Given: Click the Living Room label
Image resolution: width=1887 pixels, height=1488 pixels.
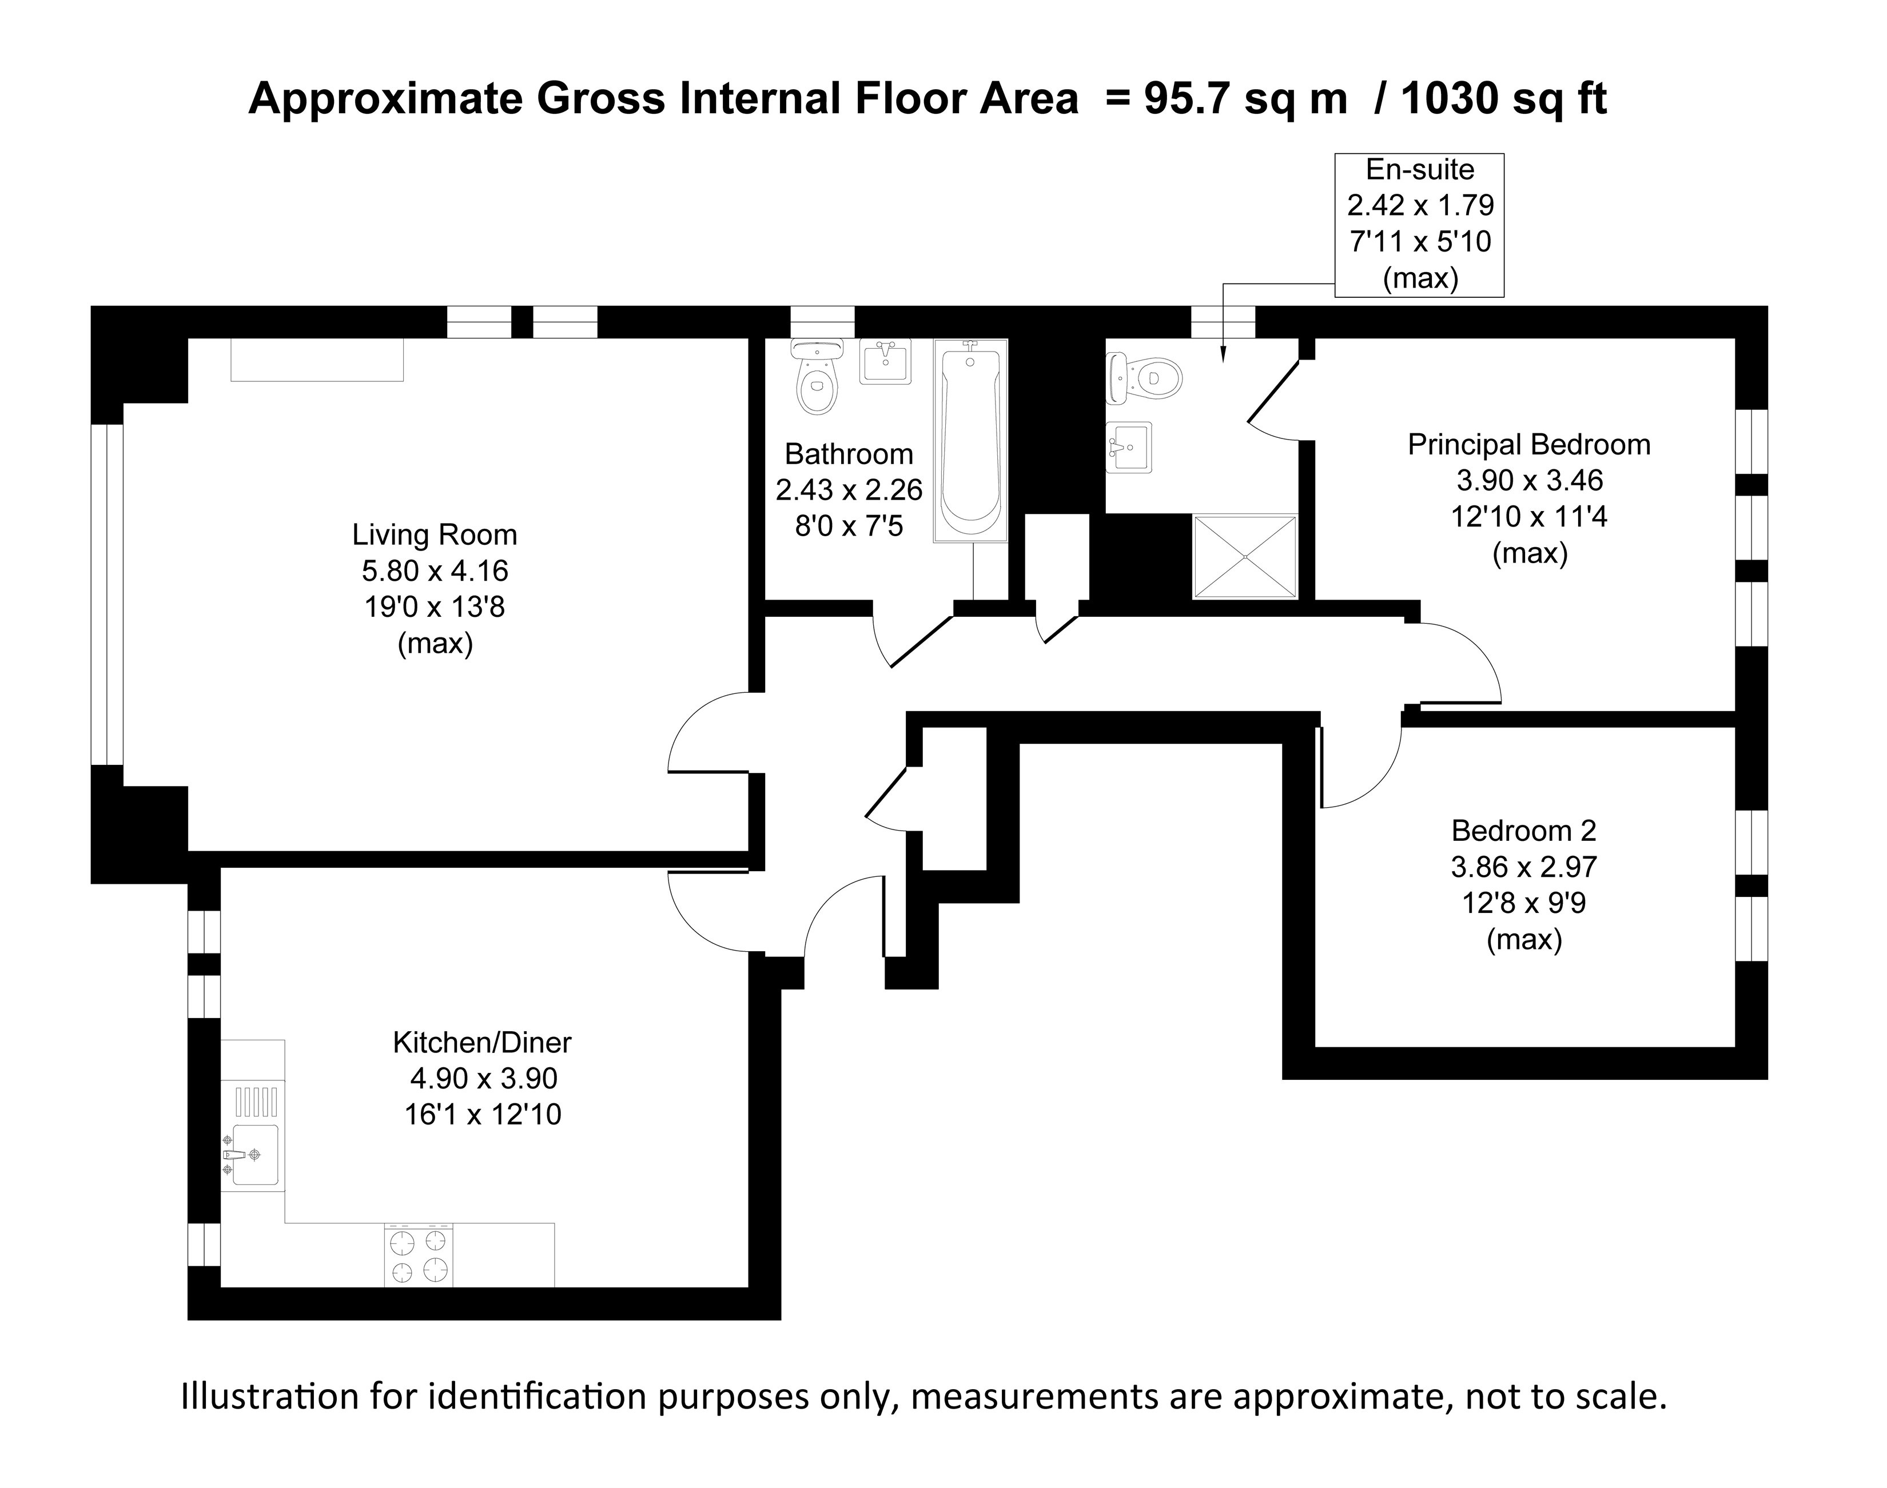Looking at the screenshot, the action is pos(434,534).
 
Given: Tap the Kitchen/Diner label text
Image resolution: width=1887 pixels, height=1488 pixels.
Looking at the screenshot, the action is pos(482,1042).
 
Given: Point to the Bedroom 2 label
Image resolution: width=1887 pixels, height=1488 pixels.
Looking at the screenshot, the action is pos(1523,830).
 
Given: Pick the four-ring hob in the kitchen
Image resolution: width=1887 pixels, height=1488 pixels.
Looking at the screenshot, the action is pos(419,1255).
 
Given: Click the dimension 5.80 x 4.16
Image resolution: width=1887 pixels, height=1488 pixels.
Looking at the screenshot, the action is pos(434,571).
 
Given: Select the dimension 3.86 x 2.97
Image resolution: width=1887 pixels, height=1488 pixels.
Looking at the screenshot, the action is pos(1523,867).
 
